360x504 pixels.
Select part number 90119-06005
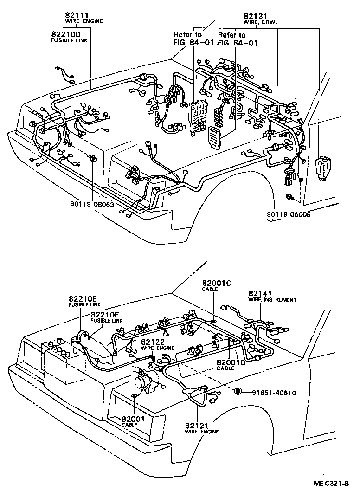pos(288,214)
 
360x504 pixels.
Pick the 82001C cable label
pos(213,283)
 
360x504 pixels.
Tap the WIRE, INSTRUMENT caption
pos(272,300)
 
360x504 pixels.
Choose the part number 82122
pos(153,342)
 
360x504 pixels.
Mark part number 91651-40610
pos(274,393)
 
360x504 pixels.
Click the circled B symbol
pos(238,392)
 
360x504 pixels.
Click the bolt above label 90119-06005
pos(289,198)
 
